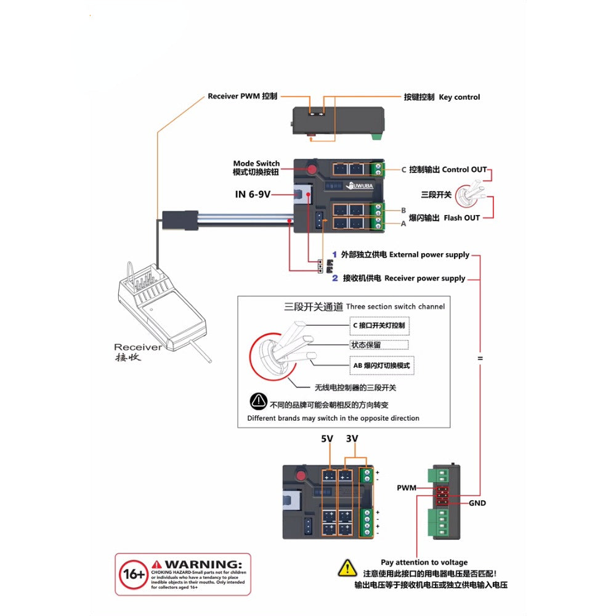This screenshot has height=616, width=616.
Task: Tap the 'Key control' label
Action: tap(459, 97)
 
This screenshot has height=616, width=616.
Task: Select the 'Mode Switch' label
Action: tap(256, 163)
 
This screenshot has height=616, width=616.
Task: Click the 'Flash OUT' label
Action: tap(461, 217)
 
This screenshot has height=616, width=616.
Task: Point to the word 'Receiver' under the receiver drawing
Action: tap(138, 347)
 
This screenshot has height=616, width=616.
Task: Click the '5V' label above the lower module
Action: tap(326, 439)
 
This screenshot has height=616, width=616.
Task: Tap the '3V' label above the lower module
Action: tap(352, 439)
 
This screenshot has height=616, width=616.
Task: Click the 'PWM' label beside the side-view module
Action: tap(406, 488)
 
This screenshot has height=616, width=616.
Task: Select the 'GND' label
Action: tap(477, 503)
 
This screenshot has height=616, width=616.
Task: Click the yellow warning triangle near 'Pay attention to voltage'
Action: tap(347, 567)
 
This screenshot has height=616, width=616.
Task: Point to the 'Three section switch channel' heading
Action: tap(395, 306)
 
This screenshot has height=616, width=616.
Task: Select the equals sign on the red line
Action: tap(480, 358)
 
